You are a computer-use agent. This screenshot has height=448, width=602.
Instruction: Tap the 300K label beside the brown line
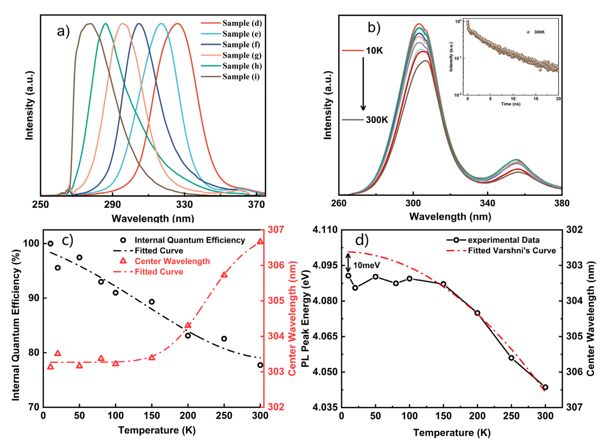[377, 120]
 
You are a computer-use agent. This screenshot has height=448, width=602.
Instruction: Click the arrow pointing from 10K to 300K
[363, 84]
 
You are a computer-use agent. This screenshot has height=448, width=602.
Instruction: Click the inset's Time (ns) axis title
[511, 104]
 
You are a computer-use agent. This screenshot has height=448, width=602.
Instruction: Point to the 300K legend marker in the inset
[528, 32]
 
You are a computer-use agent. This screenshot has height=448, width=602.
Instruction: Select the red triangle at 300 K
[260, 241]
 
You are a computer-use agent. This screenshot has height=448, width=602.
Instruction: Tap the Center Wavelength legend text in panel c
[172, 261]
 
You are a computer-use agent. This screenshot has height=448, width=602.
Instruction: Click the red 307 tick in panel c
[276, 230]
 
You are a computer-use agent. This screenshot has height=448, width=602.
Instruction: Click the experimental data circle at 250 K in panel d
[511, 358]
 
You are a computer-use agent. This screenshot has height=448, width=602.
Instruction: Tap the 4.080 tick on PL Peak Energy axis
[325, 301]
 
